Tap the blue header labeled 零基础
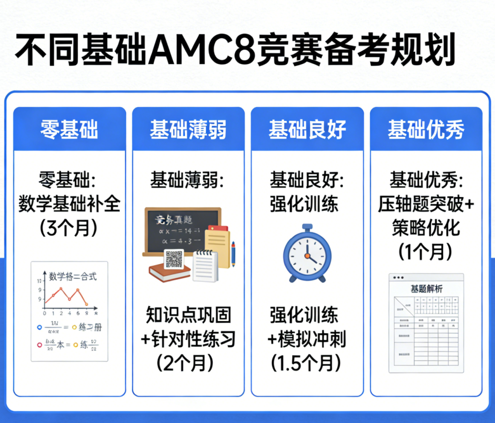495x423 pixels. [x=69, y=130]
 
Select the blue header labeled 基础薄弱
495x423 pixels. [x=188, y=130]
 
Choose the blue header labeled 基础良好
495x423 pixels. [x=307, y=130]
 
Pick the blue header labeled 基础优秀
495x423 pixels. [x=426, y=130]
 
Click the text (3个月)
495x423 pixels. [x=69, y=228]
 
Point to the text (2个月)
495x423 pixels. [x=188, y=363]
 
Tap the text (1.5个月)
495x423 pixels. [x=307, y=363]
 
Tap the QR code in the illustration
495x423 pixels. [x=174, y=259]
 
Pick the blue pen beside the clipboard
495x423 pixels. [x=233, y=254]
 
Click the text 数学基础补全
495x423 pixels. [x=69, y=204]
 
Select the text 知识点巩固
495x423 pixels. [x=188, y=315]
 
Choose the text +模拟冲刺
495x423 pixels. [x=307, y=339]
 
